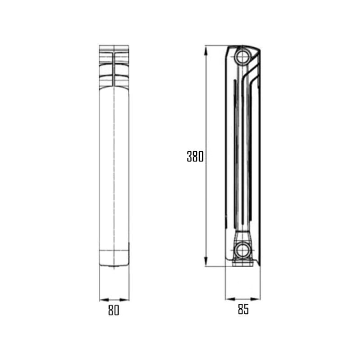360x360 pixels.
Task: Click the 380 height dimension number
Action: point(195,157)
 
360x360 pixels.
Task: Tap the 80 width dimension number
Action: point(114,310)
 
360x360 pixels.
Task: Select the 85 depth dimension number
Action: point(243,310)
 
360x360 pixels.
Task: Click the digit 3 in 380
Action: point(190,157)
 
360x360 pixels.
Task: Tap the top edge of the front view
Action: point(114,45)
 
